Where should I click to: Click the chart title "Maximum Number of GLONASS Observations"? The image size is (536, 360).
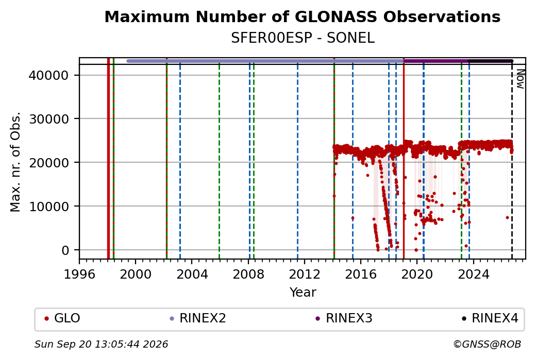(x=303, y=16)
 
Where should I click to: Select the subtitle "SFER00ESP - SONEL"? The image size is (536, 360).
(x=303, y=38)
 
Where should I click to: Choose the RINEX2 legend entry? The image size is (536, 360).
(x=198, y=318)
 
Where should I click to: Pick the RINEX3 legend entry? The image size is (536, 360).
(x=344, y=318)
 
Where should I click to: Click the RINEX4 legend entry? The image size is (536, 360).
(x=490, y=318)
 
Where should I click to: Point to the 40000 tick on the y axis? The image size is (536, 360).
(x=48, y=76)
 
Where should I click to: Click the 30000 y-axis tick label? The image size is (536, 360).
(x=48, y=119)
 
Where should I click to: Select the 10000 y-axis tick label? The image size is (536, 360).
(x=48, y=207)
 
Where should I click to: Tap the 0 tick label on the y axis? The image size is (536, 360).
(x=65, y=250)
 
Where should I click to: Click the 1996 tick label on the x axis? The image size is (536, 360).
(x=80, y=274)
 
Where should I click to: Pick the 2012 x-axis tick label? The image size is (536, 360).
(x=305, y=274)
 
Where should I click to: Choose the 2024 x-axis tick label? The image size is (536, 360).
(x=474, y=274)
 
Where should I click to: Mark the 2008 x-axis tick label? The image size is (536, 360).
(x=248, y=274)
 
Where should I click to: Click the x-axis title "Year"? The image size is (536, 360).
(x=303, y=293)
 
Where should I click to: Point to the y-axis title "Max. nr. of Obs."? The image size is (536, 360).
(x=15, y=162)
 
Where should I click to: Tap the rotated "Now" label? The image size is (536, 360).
(x=520, y=79)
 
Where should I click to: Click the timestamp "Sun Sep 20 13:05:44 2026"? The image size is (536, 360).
(x=101, y=344)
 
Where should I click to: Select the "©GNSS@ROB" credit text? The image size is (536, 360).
(x=487, y=344)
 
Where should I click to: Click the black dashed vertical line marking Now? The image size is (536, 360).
(x=512, y=161)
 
